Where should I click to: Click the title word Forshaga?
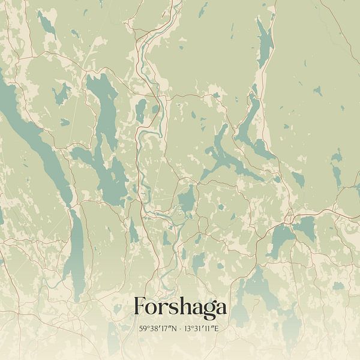pos(180,307)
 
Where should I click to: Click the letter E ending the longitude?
pos(218,329)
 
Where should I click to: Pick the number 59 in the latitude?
pos(143,329)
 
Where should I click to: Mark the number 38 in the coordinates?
pos(153,329)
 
